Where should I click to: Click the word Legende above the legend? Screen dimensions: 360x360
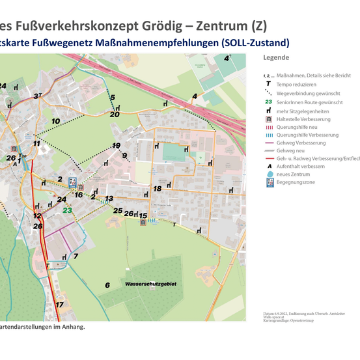276,58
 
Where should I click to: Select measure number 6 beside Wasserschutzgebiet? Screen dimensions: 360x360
107,285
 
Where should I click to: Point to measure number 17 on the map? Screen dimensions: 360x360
59,305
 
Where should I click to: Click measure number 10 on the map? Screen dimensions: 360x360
55,121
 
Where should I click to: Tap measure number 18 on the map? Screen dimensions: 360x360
157,188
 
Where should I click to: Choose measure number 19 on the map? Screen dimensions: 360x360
117,145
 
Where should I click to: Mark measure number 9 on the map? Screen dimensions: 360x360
124,156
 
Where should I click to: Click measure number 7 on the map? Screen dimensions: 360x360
76,256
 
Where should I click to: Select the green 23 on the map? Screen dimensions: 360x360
67,210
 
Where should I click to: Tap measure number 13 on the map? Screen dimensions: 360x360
109,199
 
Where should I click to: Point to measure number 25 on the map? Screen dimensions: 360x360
118,210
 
